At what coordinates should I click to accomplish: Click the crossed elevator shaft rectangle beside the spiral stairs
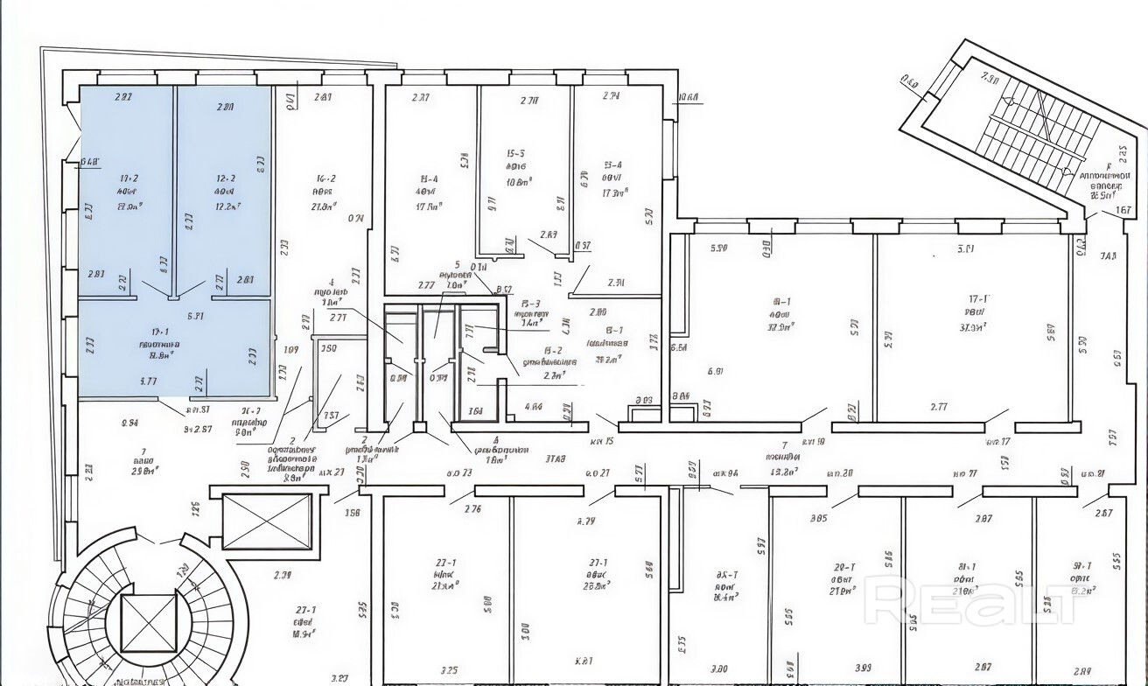(x=267, y=521)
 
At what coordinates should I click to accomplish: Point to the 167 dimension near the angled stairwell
(x=1124, y=210)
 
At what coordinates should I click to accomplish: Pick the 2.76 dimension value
(x=472, y=509)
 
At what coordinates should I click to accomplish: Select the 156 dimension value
(x=353, y=513)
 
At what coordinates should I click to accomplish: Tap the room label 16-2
(x=325, y=178)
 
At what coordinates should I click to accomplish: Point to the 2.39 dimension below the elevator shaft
(x=282, y=575)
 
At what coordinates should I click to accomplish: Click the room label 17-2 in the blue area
(x=129, y=178)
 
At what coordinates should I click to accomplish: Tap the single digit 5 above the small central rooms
(x=457, y=263)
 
